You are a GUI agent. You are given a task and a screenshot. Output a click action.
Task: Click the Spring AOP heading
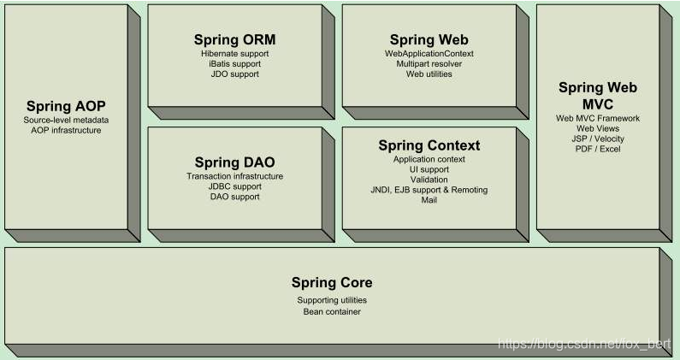point(66,106)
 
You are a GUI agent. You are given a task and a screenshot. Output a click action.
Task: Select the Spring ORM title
point(234,40)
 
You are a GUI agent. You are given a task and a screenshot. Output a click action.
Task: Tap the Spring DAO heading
point(234,162)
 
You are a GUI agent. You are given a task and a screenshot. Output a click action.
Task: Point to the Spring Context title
point(429,145)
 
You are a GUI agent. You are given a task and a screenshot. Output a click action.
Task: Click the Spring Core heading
point(332,282)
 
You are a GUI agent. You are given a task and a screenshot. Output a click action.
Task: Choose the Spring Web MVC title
point(598,95)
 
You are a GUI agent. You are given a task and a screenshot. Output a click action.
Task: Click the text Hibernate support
point(234,53)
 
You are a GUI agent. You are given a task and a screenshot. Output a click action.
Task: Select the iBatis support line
point(234,63)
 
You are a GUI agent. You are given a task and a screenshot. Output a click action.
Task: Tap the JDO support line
point(234,74)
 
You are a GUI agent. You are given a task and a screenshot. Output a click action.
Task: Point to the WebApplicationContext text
point(429,53)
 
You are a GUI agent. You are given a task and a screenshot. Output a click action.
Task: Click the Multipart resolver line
point(429,63)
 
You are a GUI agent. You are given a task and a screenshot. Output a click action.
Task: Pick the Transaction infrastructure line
point(234,176)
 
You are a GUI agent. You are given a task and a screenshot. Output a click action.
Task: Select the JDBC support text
point(234,186)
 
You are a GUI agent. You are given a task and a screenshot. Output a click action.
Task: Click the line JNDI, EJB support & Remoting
point(429,190)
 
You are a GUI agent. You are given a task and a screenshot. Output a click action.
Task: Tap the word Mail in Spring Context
point(429,200)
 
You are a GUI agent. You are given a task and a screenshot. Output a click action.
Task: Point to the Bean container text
point(332,311)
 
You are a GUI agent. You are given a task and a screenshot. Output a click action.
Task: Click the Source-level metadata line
point(66,120)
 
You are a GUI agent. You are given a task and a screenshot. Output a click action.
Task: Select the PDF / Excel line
point(598,149)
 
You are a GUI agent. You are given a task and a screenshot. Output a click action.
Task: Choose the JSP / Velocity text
point(598,139)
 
